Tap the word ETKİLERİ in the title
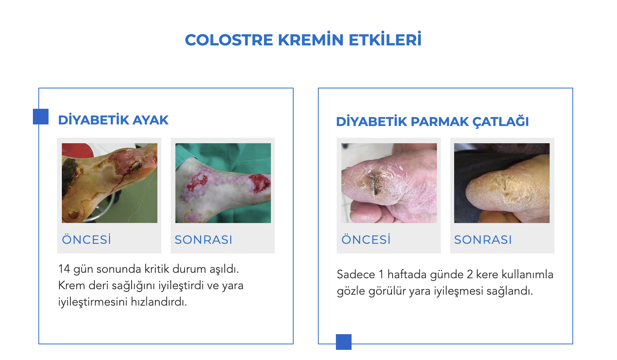coord(385,39)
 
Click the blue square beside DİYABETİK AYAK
coord(41,117)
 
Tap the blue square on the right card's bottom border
coord(344,342)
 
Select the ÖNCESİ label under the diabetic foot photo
coord(87,239)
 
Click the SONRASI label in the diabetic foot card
coord(204,240)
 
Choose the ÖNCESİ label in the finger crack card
coord(366,239)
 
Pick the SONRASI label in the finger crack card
coord(483,240)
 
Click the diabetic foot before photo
coord(110,183)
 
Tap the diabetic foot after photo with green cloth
coord(223,183)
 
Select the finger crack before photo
coord(389,183)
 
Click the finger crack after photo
coord(502,183)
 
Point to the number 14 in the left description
coord(64,269)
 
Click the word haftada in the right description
coord(407,274)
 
